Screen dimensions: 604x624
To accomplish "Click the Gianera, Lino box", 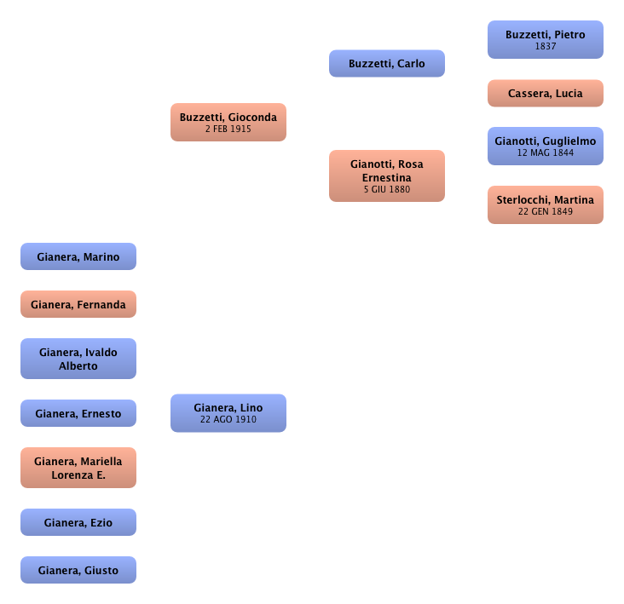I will tap(228, 412).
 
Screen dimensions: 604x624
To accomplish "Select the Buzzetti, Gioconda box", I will tap(228, 123).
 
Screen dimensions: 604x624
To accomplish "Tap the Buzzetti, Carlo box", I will tap(387, 64).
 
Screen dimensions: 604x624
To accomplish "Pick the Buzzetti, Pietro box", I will tap(546, 40).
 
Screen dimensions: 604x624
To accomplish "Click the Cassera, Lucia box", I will tap(546, 94).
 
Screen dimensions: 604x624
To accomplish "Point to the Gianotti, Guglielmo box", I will tap(546, 146).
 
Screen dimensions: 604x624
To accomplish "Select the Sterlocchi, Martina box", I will tap(546, 205).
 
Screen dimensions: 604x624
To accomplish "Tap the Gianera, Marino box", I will tap(78, 257).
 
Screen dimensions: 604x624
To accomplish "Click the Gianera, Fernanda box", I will tap(78, 304).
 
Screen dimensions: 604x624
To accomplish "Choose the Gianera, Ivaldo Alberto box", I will tap(78, 359).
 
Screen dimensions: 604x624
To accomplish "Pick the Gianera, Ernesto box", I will tap(78, 414).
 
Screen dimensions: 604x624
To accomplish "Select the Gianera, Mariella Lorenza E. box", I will tap(78, 468).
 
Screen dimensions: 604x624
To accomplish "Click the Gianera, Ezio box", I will tap(78, 522).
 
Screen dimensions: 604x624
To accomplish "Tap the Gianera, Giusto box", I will tap(78, 570).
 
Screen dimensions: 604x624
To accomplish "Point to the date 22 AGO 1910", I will tap(228, 420).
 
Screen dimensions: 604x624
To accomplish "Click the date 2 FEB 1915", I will tap(228, 129).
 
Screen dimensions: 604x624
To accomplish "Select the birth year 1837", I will tap(546, 47).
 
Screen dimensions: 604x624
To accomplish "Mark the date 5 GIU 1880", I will tap(387, 190).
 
